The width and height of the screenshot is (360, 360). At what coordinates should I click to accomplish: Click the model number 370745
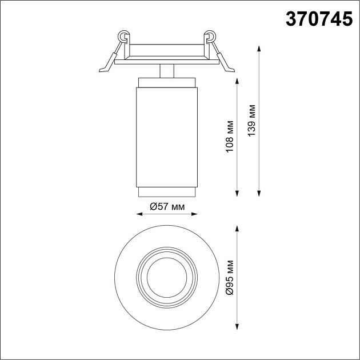[319, 19]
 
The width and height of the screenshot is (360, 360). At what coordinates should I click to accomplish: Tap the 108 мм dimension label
[230, 137]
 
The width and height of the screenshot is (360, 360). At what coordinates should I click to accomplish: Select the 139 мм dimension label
[251, 121]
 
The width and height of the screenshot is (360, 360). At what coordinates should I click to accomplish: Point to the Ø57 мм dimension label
[167, 207]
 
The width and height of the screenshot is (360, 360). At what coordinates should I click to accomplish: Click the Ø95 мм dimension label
[230, 278]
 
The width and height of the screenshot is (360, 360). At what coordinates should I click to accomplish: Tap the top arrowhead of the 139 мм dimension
[259, 49]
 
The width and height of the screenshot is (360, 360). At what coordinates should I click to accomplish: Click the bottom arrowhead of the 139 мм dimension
[259, 194]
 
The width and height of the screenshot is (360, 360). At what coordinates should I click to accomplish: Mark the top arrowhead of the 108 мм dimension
[237, 81]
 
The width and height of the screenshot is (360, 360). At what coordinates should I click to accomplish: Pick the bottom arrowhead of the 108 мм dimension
[237, 194]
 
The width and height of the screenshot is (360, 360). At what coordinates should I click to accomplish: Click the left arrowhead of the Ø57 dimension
[139, 214]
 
